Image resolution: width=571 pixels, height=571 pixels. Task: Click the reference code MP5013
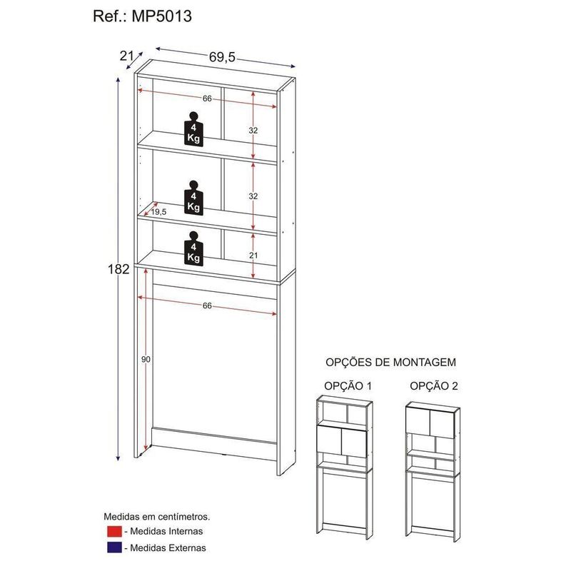coord(162,16)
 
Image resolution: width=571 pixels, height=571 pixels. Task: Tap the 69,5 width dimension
coord(222,57)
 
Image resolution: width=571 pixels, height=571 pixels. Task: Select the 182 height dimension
coord(118,269)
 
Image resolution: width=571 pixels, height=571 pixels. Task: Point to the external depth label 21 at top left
coord(126,56)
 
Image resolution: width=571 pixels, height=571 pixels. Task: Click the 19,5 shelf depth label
coord(158,212)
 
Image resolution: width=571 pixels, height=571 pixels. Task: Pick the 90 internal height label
coord(146,360)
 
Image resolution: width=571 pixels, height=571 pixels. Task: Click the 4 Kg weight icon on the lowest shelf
coord(193,248)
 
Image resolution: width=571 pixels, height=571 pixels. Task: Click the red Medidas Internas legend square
coord(114,531)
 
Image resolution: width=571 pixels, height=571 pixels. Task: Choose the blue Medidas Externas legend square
coord(114,547)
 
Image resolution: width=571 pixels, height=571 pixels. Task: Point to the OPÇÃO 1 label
coord(348,386)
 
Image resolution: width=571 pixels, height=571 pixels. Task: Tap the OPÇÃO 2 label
coord(434,386)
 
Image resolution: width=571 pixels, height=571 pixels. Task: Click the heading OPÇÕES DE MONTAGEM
coord(390,363)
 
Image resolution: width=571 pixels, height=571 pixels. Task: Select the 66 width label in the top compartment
coord(207,98)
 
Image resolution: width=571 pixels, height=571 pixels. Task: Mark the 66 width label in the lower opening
coord(207,306)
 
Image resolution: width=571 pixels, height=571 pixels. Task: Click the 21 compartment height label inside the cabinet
coord(253,256)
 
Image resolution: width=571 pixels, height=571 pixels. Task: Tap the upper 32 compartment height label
coord(253,130)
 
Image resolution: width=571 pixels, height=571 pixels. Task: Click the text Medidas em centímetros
coord(157,516)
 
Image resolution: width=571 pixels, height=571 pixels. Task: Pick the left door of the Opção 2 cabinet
coord(418,422)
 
